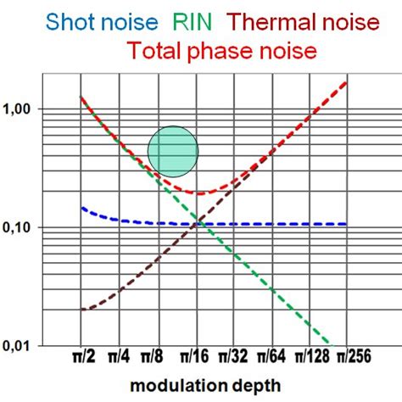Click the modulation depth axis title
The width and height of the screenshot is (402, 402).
click(209, 386)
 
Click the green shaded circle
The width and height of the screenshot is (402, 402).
click(173, 151)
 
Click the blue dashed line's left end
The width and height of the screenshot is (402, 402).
click(82, 208)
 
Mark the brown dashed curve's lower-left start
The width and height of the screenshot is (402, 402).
click(82, 310)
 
